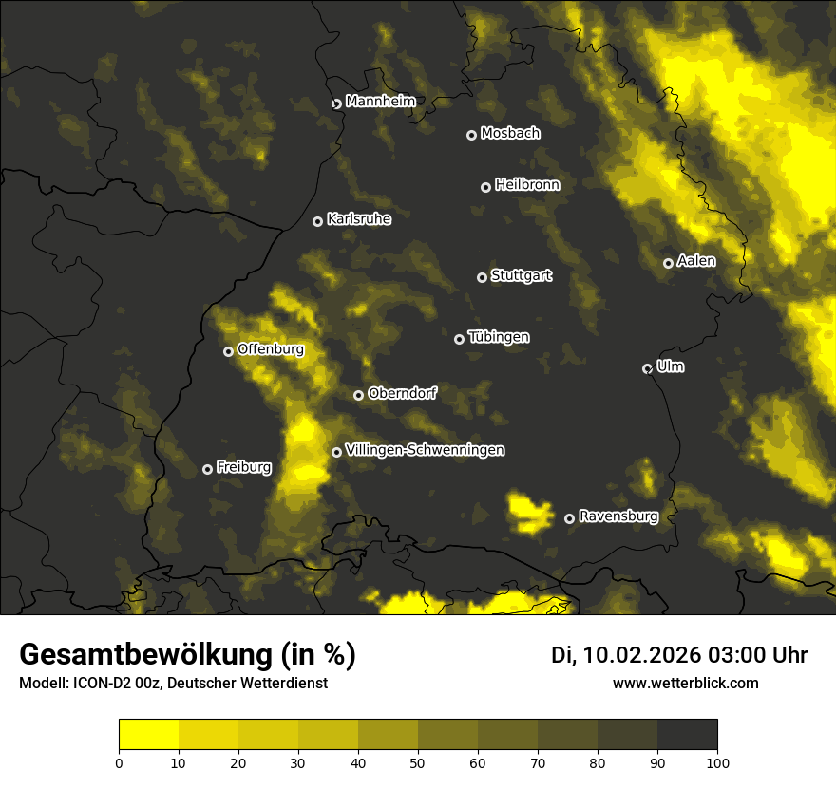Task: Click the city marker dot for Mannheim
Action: pyautogui.click(x=336, y=104)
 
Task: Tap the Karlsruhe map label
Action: pyautogui.click(x=358, y=219)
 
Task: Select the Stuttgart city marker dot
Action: pyautogui.click(x=482, y=277)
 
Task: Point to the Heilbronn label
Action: pyautogui.click(x=527, y=185)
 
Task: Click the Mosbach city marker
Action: pyautogui.click(x=471, y=135)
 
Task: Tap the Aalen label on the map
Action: pyautogui.click(x=696, y=261)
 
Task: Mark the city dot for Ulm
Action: pyautogui.click(x=647, y=368)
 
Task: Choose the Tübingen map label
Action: pyautogui.click(x=499, y=337)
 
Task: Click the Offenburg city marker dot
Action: pyautogui.click(x=228, y=351)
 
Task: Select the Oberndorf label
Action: pyautogui.click(x=403, y=393)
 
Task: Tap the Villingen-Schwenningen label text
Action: pyautogui.click(x=425, y=450)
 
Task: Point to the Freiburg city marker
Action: pyautogui.click(x=207, y=469)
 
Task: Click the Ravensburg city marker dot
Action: pyautogui.click(x=570, y=518)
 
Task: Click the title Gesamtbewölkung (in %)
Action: pyautogui.click(x=187, y=655)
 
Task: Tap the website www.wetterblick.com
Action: pyautogui.click(x=685, y=683)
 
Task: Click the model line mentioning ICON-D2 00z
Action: pyautogui.click(x=173, y=684)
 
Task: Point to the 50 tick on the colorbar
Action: pyautogui.click(x=418, y=761)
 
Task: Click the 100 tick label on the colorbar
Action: pyautogui.click(x=717, y=761)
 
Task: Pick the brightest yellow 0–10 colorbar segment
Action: pyautogui.click(x=148, y=734)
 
